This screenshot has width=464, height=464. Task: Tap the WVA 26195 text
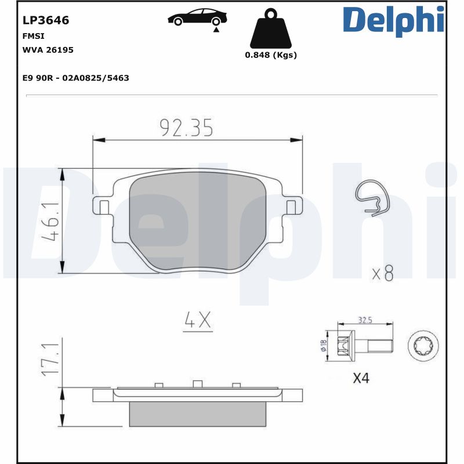[x=48, y=50]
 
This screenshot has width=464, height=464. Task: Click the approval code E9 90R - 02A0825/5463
[x=75, y=78]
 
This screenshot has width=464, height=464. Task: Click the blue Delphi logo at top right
[x=394, y=20]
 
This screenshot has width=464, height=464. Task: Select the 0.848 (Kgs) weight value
[x=271, y=55]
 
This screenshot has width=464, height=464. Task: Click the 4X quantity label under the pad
[x=198, y=320]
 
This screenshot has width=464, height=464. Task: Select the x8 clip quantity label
[x=382, y=273]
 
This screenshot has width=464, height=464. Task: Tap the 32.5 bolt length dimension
[x=365, y=320]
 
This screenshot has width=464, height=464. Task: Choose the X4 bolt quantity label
[x=361, y=379]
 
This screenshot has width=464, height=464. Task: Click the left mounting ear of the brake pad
[x=102, y=205]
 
